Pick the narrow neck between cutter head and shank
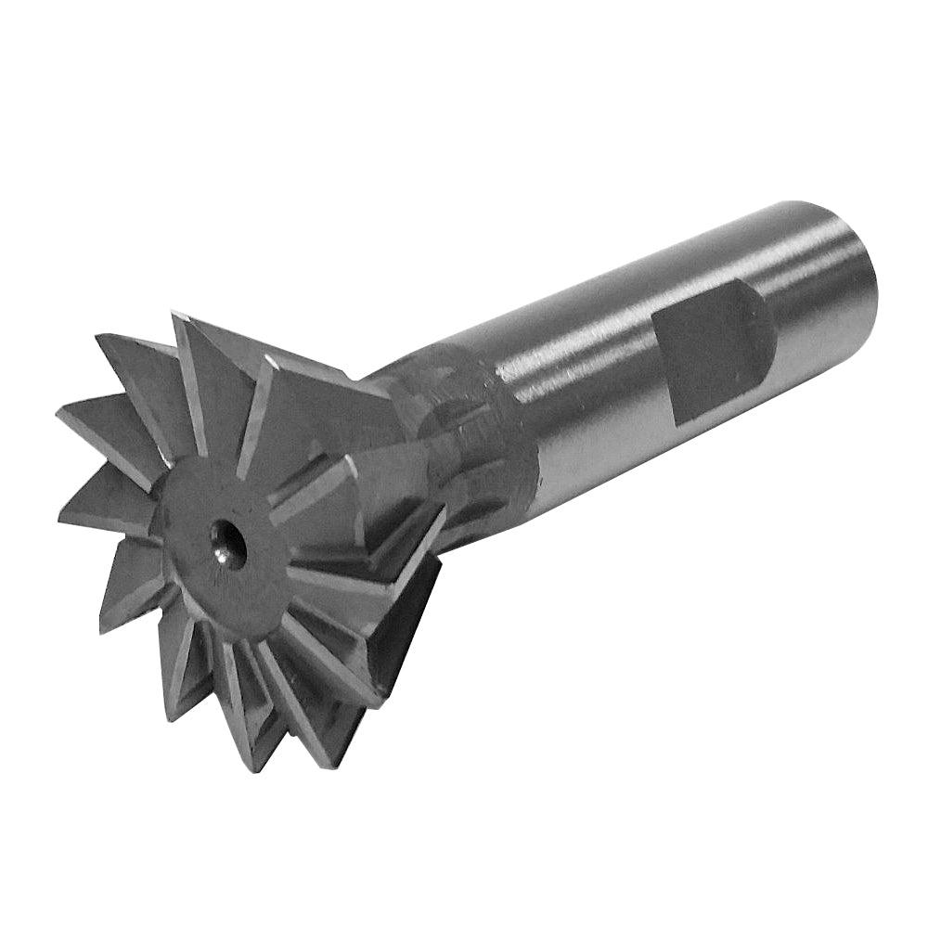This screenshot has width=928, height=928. (445, 427)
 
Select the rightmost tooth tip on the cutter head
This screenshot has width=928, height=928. (444, 509)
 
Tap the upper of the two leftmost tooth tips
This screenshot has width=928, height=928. (58, 411)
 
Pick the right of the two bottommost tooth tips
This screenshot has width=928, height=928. (327, 767)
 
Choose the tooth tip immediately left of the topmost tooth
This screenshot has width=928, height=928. (98, 336)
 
